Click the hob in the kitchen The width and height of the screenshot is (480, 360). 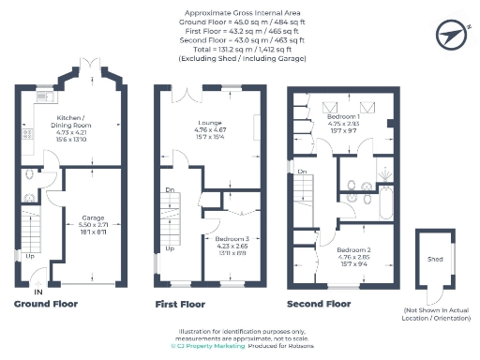[26, 135]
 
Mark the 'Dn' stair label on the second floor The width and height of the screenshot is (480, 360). [302, 172]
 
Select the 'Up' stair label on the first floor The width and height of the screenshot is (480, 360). [170, 248]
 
